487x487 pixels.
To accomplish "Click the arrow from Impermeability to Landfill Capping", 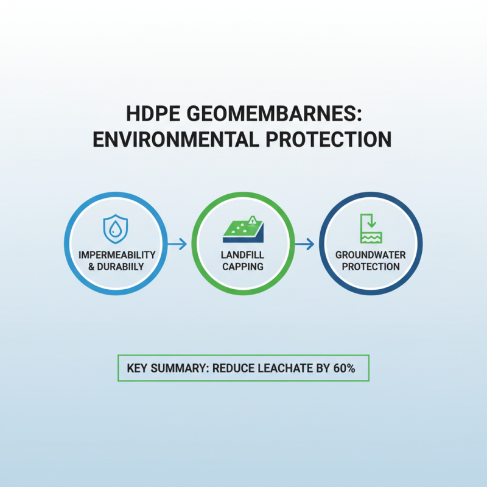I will [x=177, y=244].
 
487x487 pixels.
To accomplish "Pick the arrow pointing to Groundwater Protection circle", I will [x=304, y=244].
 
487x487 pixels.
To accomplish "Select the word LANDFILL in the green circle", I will [x=243, y=254].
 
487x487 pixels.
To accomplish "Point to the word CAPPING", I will [x=243, y=266].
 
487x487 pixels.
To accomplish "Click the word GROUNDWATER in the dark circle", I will [x=371, y=254].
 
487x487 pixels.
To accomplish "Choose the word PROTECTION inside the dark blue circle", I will [x=371, y=266].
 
